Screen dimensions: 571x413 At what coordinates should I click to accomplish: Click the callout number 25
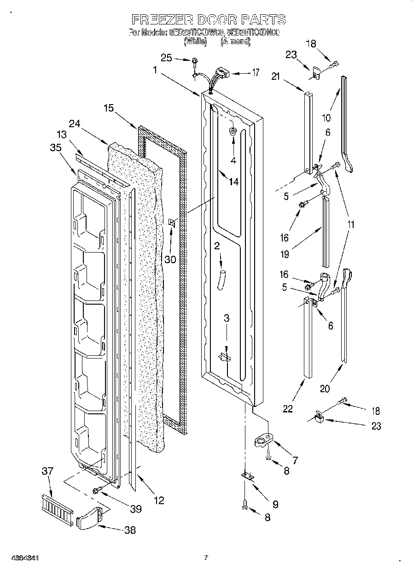pos(166,58)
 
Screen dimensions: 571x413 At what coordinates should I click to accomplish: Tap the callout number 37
pos(47,471)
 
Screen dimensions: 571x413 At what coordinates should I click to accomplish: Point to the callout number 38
pos(130,530)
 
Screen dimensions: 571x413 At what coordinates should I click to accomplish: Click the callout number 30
pos(170,259)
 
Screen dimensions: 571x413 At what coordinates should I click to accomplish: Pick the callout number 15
pos(109,109)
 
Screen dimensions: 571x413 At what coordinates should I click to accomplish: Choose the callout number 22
pos(288,408)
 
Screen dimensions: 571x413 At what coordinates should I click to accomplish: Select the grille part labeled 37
pos(57,509)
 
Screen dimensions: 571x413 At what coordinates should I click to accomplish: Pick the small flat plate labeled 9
pos(248,477)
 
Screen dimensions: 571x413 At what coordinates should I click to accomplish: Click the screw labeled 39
pos(97,490)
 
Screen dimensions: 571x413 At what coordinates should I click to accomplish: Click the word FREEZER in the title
pos(157,19)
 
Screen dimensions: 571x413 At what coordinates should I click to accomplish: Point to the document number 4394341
pos(20,558)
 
